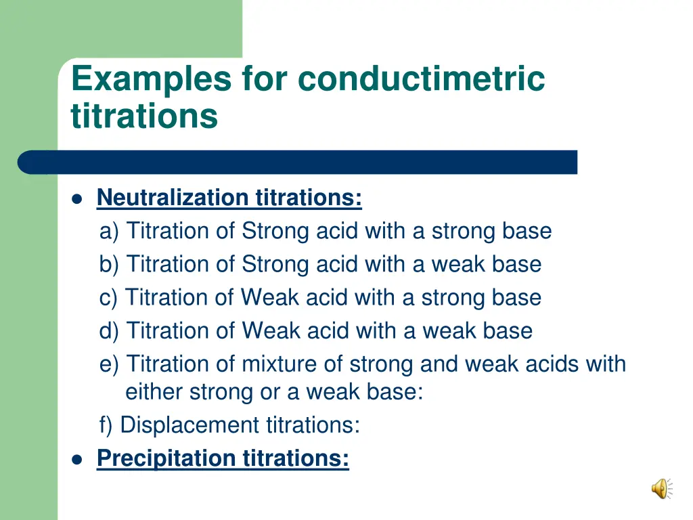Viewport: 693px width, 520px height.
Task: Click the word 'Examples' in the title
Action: [151, 79]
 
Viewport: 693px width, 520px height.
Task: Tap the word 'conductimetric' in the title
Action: [421, 79]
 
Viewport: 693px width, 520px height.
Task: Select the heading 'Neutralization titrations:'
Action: [229, 198]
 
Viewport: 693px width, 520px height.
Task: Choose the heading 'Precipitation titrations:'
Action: [223, 458]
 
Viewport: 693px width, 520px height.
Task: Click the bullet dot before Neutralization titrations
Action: [77, 199]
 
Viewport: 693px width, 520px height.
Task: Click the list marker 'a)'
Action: [109, 232]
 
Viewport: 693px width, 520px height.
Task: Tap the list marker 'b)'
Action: [109, 265]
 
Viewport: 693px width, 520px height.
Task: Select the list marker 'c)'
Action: [108, 298]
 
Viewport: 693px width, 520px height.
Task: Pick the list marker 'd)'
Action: [109, 331]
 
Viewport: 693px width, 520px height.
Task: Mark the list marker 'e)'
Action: [109, 364]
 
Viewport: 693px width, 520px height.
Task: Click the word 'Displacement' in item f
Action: [189, 425]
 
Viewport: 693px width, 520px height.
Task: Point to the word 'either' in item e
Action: [154, 392]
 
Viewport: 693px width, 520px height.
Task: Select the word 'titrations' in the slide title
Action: [144, 116]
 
